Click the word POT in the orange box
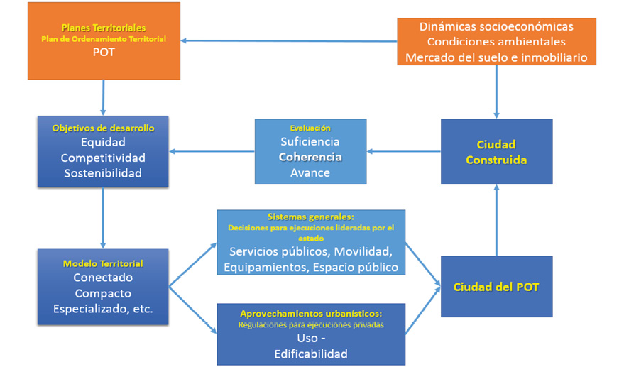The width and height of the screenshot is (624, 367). (x=104, y=52)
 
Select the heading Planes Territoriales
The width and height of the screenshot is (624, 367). (x=104, y=27)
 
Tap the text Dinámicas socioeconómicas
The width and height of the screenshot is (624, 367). (x=496, y=26)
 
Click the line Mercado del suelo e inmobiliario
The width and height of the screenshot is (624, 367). (x=496, y=57)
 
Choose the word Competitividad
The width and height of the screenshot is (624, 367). (x=104, y=157)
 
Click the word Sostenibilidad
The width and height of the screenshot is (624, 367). (x=104, y=172)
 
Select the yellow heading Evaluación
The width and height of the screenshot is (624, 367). (x=310, y=128)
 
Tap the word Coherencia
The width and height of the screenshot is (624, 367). (x=310, y=157)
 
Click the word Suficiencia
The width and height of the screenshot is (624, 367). (x=310, y=142)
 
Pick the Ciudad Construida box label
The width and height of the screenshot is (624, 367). (x=496, y=152)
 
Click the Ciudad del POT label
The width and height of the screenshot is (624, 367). (x=496, y=287)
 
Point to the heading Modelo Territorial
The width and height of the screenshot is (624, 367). (x=104, y=263)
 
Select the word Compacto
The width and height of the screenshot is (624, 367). (x=104, y=293)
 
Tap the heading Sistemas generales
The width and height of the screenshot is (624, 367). (x=310, y=217)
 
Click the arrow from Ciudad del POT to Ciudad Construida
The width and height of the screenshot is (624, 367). (x=496, y=220)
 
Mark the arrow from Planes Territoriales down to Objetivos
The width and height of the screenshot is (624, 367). (x=104, y=97)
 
